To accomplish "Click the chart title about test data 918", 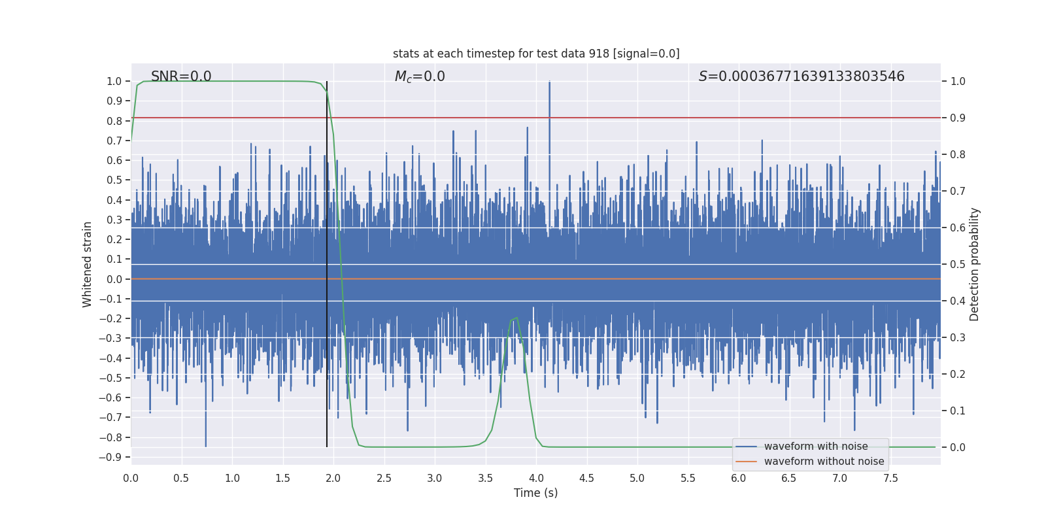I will point(536,54).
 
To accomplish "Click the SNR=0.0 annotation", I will point(181,76).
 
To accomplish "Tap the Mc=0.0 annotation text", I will point(420,76).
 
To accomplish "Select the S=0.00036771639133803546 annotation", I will point(801,76).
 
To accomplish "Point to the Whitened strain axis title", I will point(88,264).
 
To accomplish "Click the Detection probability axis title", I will point(975,264).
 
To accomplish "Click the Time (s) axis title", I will point(535,493).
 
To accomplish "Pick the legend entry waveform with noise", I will point(815,447).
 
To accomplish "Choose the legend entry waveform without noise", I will point(824,462).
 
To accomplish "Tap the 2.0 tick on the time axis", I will point(333,479).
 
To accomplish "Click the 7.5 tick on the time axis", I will point(890,479).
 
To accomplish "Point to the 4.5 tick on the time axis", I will point(586,479).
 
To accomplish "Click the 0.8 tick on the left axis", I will point(114,121).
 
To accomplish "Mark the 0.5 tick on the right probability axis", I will point(958,265).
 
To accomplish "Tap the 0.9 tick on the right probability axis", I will point(958,118).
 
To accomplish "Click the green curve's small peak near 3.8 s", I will point(516,318).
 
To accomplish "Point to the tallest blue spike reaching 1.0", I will point(549,83).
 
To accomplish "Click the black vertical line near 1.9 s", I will point(327,261).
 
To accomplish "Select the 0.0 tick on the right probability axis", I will point(958,448).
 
